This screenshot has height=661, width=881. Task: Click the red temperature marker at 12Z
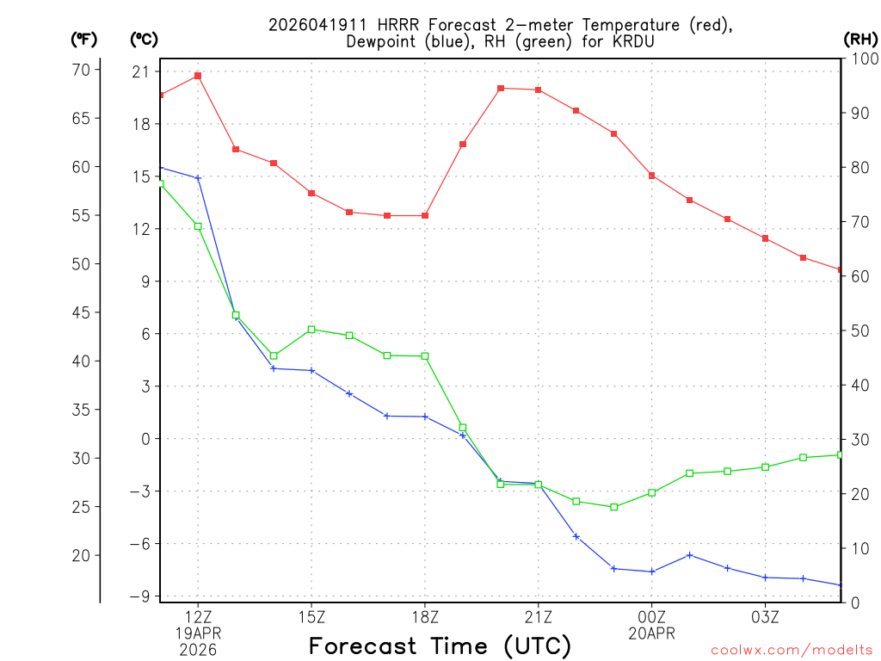point(198,76)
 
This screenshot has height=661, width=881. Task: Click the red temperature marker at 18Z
point(425,215)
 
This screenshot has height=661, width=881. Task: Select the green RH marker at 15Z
point(311,329)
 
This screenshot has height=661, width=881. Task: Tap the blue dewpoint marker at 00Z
point(651,571)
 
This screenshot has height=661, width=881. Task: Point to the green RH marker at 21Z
point(538,485)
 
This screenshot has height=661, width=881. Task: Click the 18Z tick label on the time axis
point(425,616)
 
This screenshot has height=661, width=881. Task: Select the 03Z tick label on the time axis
point(765,616)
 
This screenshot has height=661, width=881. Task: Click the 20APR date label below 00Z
point(651,633)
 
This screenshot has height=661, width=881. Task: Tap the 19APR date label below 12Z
point(198,633)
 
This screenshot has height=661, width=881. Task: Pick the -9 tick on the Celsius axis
point(141,596)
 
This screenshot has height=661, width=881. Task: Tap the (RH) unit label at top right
point(859,39)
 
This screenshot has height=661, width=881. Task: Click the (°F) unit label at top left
point(83,39)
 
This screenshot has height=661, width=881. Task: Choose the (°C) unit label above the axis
point(144,39)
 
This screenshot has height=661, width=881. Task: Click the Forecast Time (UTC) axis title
point(440,646)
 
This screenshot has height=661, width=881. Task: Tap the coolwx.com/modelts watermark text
point(792,650)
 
